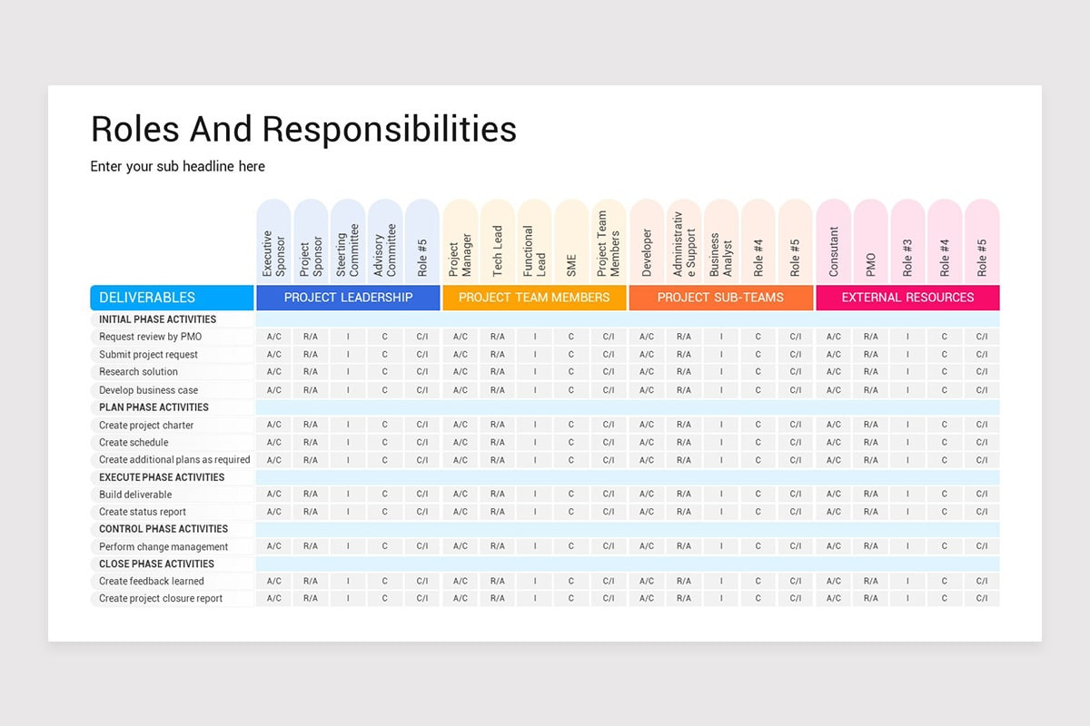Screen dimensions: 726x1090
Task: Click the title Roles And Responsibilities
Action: tap(303, 129)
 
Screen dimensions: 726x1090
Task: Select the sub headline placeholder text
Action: tap(177, 166)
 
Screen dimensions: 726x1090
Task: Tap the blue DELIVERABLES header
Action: tap(172, 298)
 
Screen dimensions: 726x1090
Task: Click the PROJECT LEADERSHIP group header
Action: tap(348, 298)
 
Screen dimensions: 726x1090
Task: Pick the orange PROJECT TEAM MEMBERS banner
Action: tap(534, 298)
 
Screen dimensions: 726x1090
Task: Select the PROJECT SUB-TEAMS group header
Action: tap(720, 298)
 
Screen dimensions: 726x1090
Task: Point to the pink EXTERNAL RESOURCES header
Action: tap(907, 298)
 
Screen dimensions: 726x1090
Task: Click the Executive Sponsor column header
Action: tap(273, 241)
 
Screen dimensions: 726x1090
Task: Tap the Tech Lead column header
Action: tap(497, 241)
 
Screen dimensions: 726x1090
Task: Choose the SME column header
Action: tap(571, 241)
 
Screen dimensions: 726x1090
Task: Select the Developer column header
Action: tap(647, 241)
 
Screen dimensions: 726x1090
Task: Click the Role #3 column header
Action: tap(907, 241)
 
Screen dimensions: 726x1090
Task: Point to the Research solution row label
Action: tap(138, 372)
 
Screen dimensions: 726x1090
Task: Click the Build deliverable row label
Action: tap(135, 495)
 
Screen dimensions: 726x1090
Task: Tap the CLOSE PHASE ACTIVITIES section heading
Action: tap(156, 564)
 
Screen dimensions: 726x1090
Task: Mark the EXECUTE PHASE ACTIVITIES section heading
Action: tap(162, 477)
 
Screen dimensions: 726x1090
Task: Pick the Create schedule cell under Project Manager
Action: tap(461, 442)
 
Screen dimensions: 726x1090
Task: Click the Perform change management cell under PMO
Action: tap(870, 546)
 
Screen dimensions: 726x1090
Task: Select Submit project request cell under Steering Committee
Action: tap(348, 355)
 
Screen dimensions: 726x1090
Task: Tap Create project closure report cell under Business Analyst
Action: tap(721, 598)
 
